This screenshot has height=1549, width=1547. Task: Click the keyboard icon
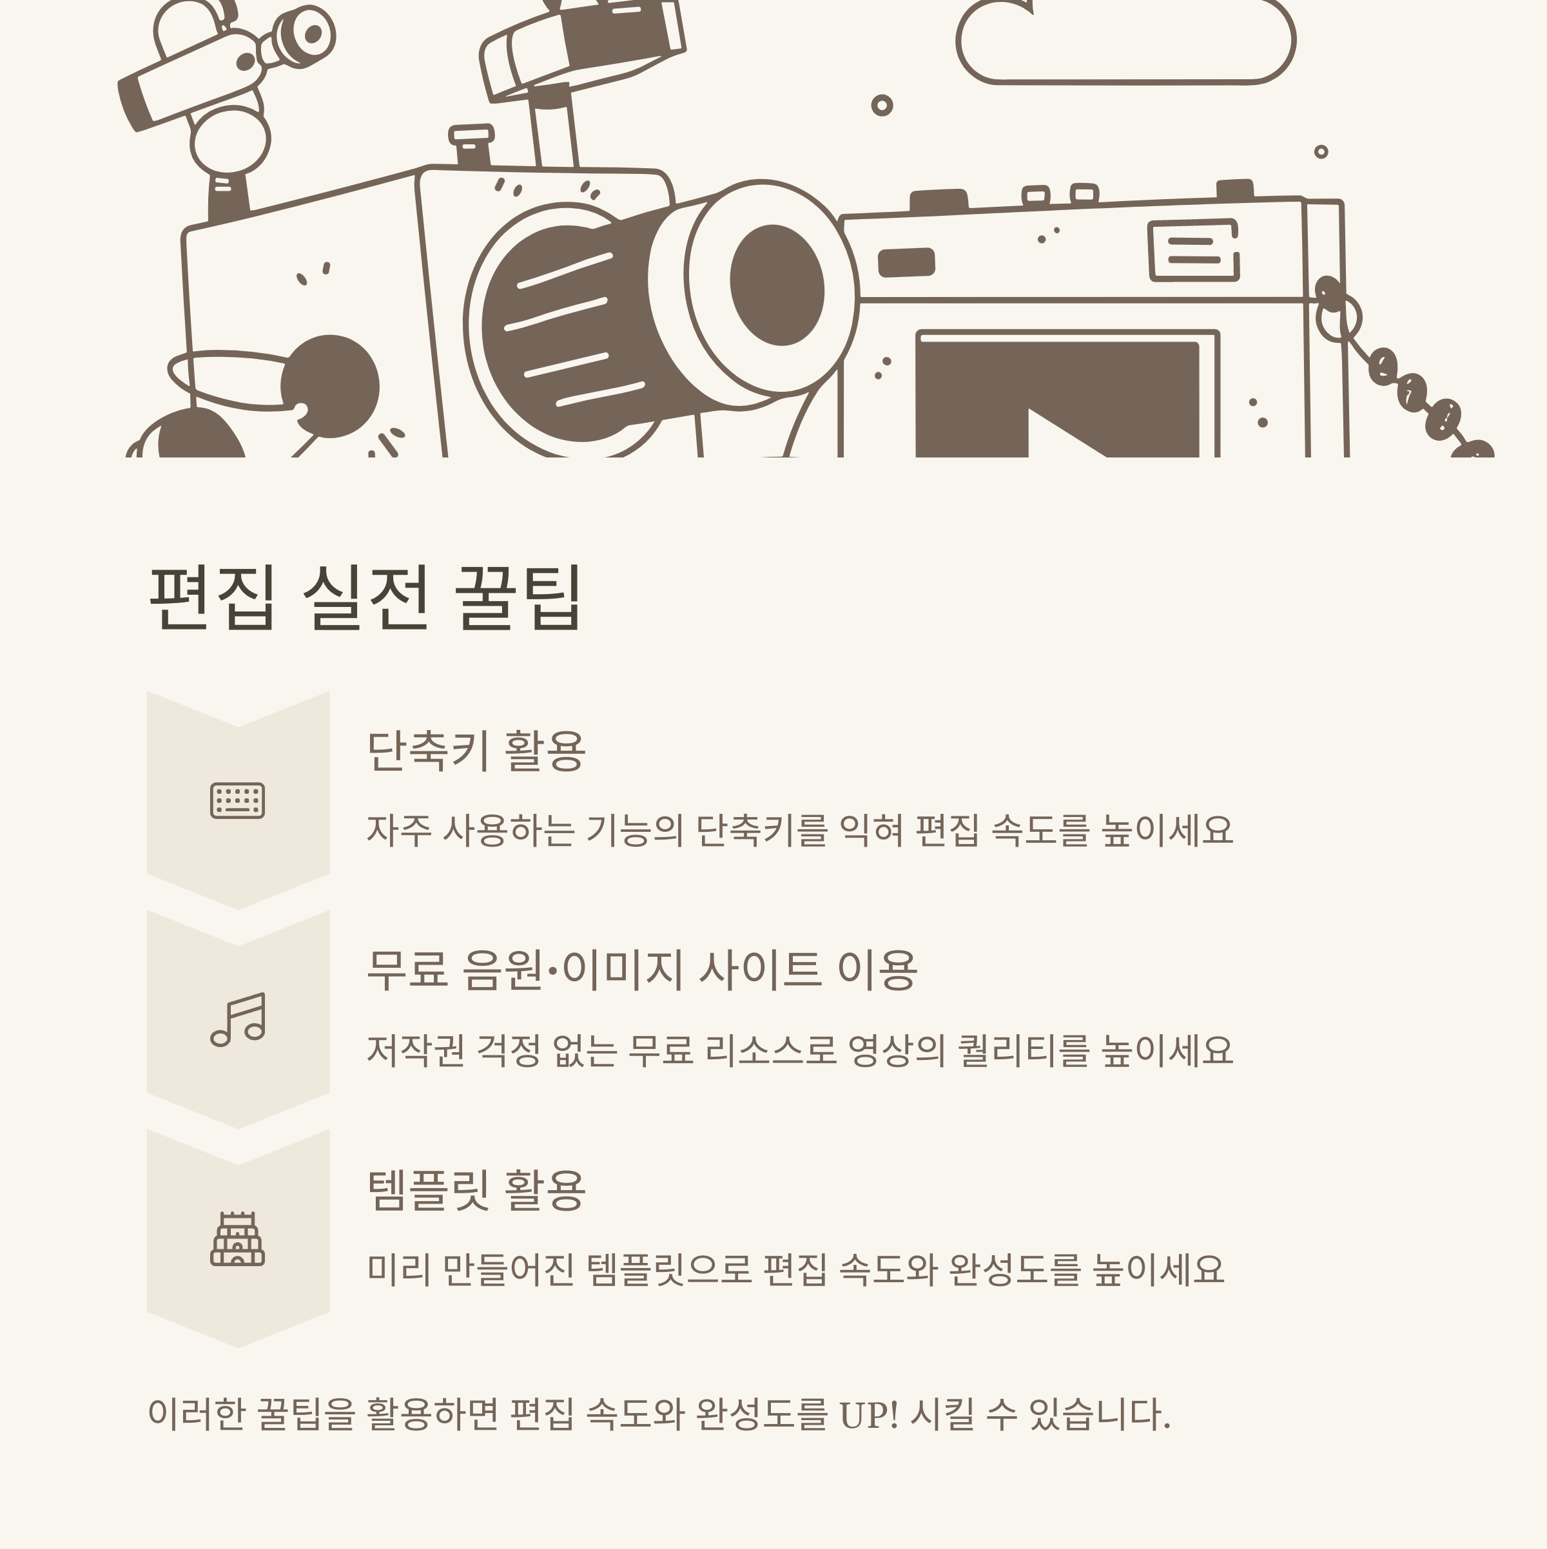tap(237, 800)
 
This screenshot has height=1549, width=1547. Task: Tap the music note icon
tap(237, 1019)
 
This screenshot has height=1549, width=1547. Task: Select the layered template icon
tap(237, 1238)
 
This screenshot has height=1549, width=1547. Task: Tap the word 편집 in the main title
tap(213, 597)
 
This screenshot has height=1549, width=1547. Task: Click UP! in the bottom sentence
tap(868, 1414)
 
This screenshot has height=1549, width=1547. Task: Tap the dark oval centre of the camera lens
tap(776, 285)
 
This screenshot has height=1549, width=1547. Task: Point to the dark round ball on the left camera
tap(331, 387)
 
